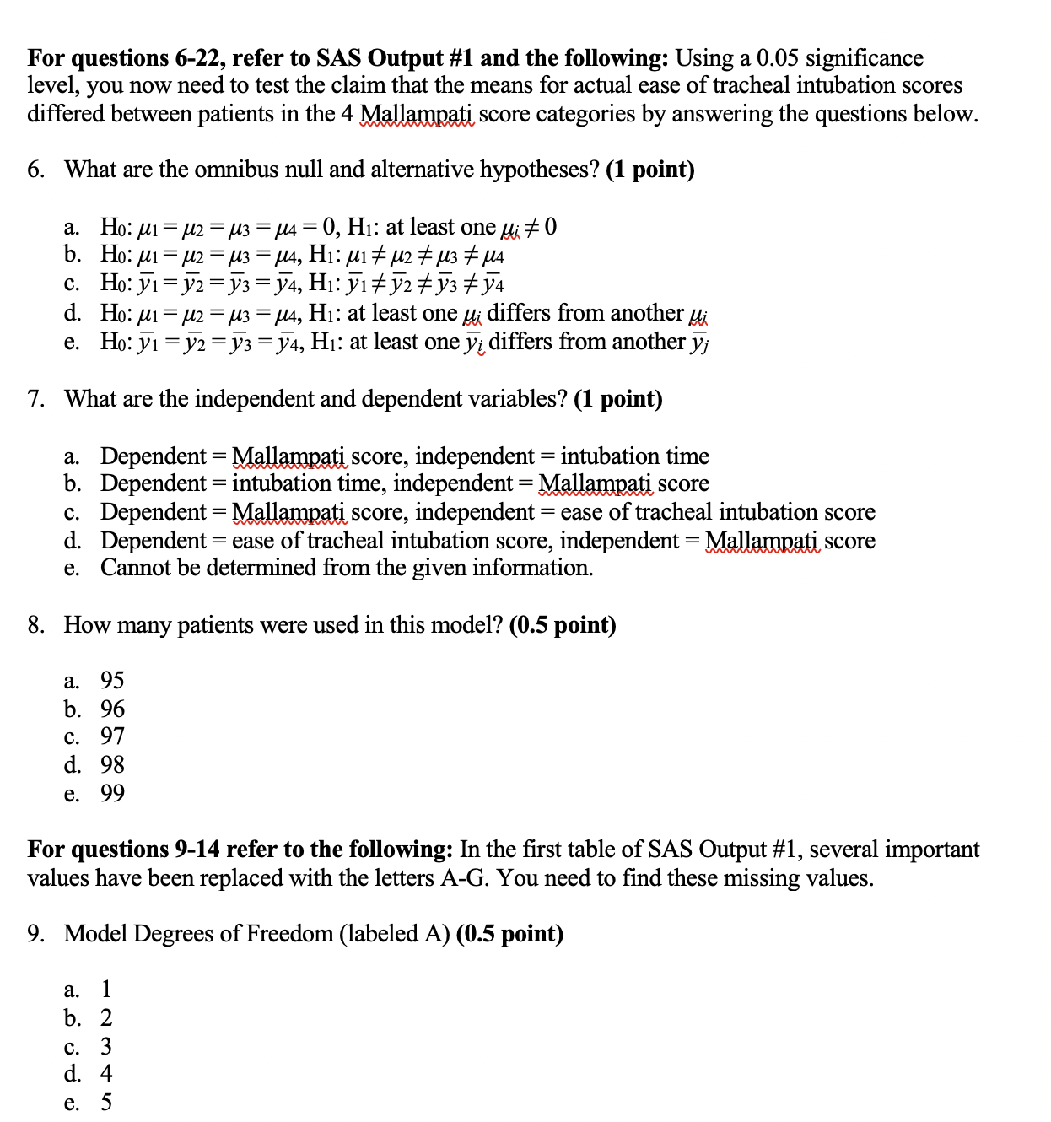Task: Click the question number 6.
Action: (x=35, y=170)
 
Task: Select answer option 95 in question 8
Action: (x=112, y=681)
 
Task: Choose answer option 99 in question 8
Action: (x=112, y=794)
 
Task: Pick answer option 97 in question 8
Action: (x=112, y=737)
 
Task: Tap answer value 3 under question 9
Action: (x=106, y=1047)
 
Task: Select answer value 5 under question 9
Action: (x=106, y=1103)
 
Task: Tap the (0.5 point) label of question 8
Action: (x=563, y=625)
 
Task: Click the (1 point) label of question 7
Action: (x=617, y=399)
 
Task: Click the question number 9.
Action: (x=35, y=934)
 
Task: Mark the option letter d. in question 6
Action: (x=73, y=314)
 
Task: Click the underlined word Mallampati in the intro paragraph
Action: (x=417, y=114)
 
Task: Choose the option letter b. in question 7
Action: (x=73, y=483)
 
